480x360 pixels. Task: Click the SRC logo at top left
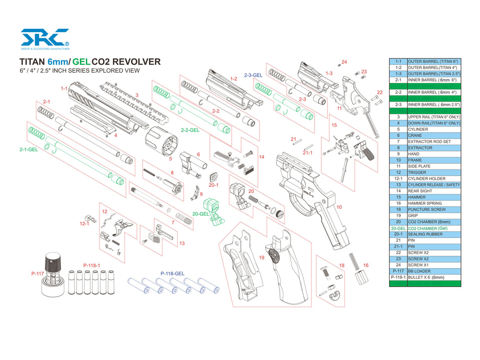(x=44, y=39)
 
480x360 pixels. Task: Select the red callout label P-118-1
(x=92, y=266)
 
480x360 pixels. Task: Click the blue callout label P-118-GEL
(x=172, y=274)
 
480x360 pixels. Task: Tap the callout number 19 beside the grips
(x=262, y=258)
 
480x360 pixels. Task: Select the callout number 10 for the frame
(x=340, y=207)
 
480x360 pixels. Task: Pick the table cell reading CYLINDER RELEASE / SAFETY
(x=434, y=184)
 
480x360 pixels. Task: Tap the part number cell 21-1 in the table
(x=398, y=246)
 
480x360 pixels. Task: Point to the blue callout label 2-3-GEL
(x=253, y=75)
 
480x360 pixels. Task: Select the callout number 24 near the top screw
(x=344, y=62)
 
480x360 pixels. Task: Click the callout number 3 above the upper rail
(x=136, y=95)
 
